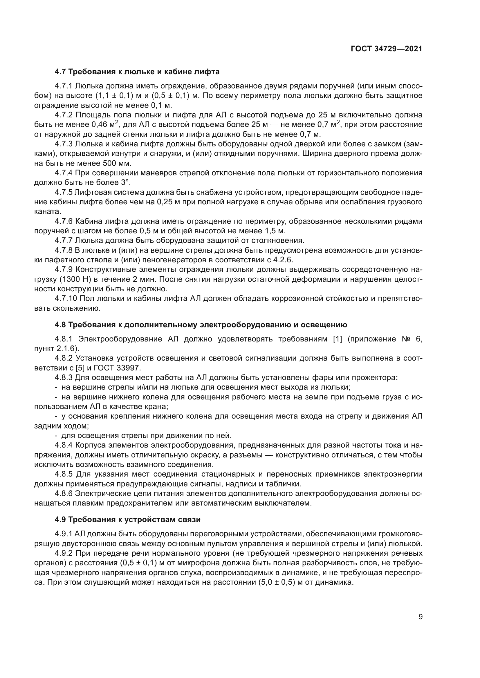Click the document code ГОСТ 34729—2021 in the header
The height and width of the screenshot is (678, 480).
[386, 49]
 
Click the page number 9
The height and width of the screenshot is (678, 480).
[421, 617]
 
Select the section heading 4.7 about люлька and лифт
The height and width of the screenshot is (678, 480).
[137, 72]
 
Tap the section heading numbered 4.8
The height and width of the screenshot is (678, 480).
[201, 325]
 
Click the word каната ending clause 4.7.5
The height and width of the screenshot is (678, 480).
[47, 211]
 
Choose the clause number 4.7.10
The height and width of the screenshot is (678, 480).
[66, 299]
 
